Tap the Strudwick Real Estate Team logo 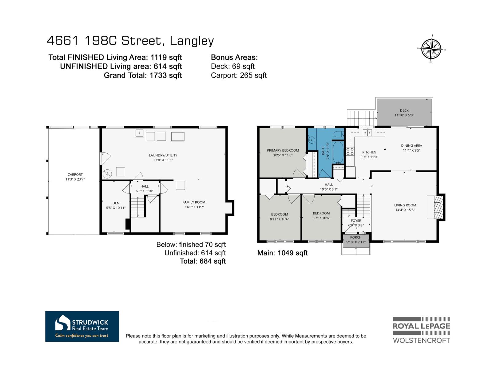click(82, 326)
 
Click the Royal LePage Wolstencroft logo click(421, 330)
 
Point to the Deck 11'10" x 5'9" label click(404, 113)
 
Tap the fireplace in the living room click(436, 207)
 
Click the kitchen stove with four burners click(350, 151)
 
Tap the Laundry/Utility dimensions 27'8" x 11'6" click(163, 160)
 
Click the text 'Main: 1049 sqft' click(282, 253)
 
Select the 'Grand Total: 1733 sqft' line click(143, 75)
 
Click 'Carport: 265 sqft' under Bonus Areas click(239, 75)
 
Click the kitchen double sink click(367, 133)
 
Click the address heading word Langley click(192, 41)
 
